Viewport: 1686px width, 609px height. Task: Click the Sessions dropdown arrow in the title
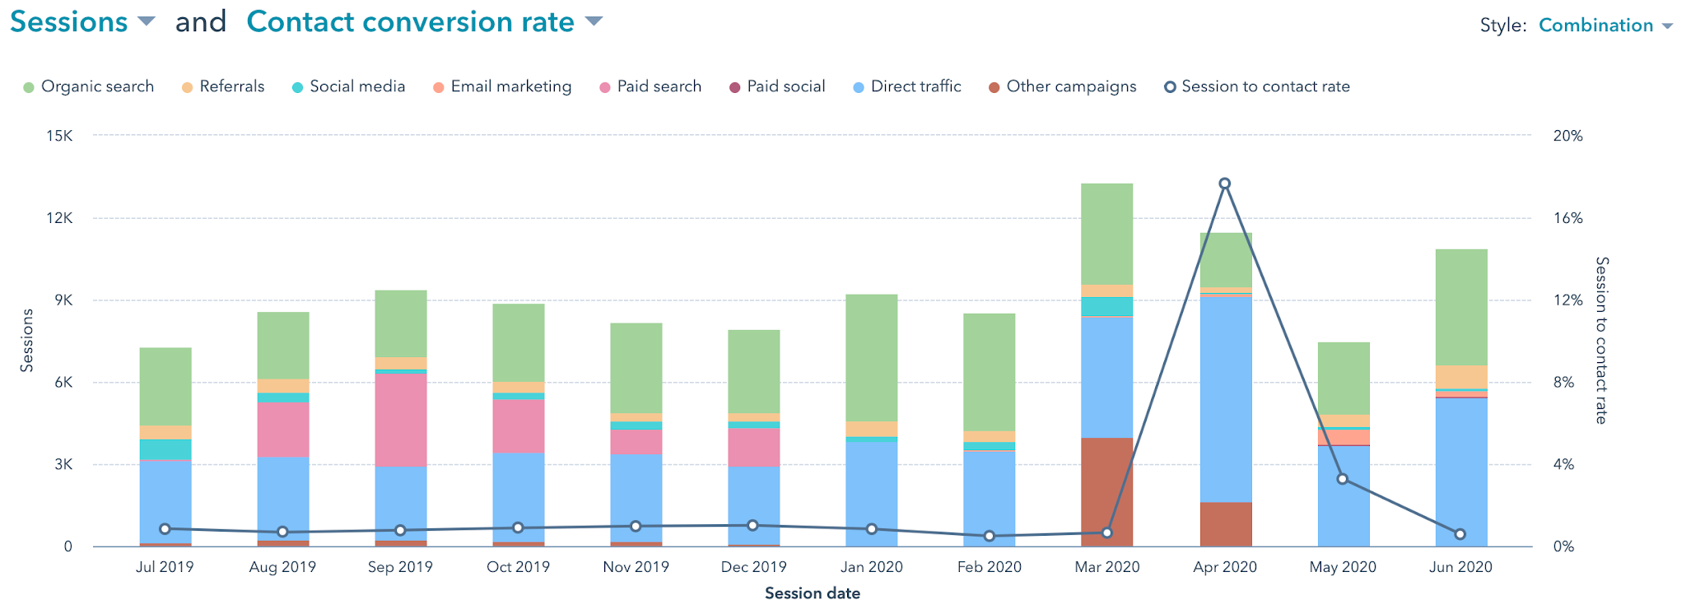[x=146, y=22]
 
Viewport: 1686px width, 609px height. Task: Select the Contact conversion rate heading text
[x=410, y=22]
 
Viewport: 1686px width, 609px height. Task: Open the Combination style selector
[x=1604, y=26]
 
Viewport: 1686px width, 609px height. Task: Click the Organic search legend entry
[x=88, y=86]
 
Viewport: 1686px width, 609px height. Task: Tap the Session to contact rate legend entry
[x=1256, y=86]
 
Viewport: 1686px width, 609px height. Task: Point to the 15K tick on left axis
[x=58, y=136]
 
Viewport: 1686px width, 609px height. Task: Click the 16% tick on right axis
[x=1567, y=218]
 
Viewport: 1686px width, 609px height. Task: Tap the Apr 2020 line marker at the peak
[x=1224, y=184]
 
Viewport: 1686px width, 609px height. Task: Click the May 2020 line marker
[x=1342, y=479]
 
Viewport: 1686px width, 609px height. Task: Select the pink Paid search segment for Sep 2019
[x=400, y=420]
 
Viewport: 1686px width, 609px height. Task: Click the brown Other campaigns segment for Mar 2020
[x=1106, y=491]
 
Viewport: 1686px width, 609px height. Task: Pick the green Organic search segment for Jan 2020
[x=871, y=358]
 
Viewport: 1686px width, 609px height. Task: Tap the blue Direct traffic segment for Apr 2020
[x=1225, y=399]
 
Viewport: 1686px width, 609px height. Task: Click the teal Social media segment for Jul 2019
[x=165, y=449]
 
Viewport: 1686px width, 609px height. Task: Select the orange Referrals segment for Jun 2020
[x=1460, y=377]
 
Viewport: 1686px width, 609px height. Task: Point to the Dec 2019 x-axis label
[x=753, y=567]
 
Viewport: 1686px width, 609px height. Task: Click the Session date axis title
[x=812, y=593]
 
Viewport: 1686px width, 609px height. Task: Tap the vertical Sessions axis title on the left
[x=26, y=341]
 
